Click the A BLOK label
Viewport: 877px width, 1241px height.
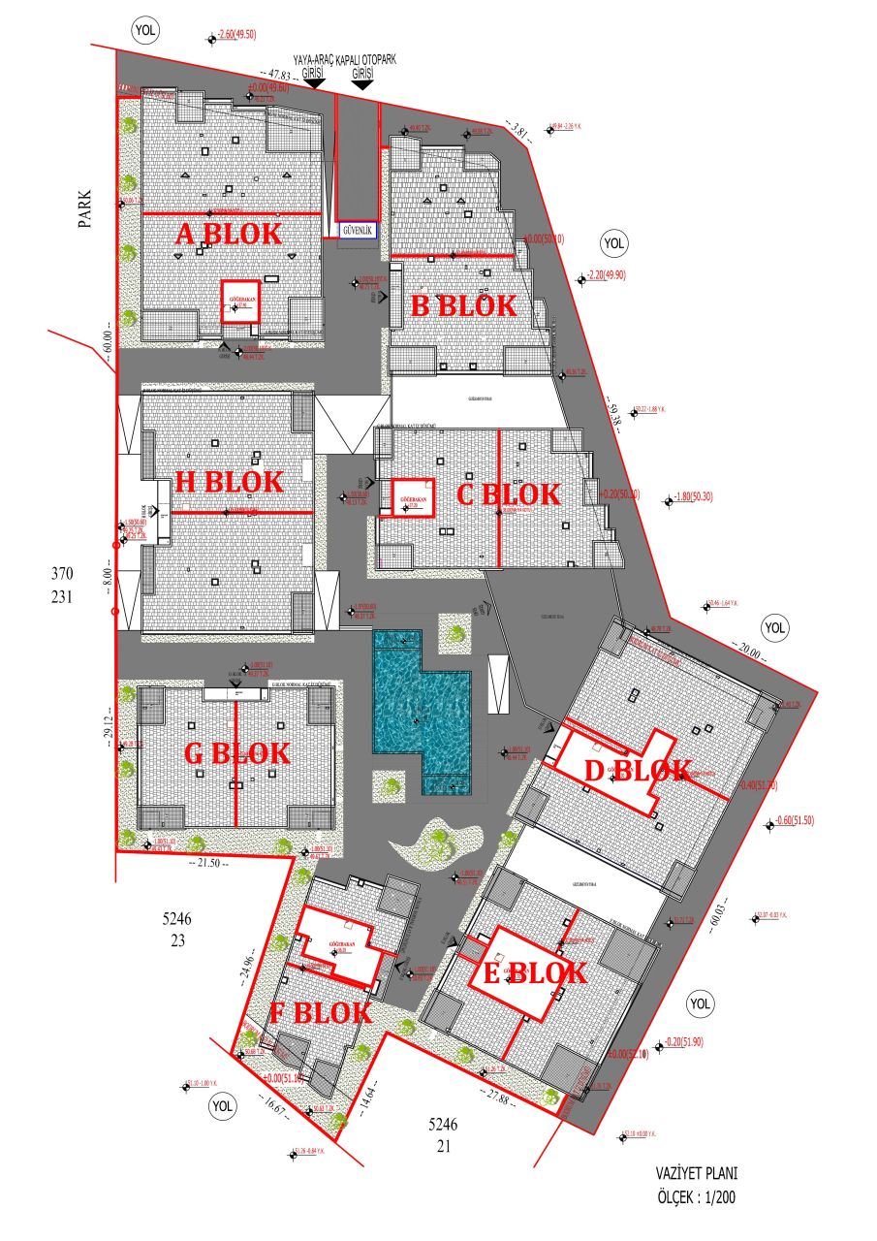229,234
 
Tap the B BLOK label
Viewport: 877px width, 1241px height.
463,306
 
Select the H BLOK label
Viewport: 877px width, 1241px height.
230,482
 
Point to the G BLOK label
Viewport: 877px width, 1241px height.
236,752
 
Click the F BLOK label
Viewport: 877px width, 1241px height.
320,1013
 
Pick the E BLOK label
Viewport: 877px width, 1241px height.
534,972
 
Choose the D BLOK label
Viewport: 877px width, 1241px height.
639,772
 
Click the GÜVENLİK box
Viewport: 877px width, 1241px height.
357,231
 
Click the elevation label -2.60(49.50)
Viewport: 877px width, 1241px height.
237,35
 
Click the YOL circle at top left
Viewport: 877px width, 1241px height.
145,30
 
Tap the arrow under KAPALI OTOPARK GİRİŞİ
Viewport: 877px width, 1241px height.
363,84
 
